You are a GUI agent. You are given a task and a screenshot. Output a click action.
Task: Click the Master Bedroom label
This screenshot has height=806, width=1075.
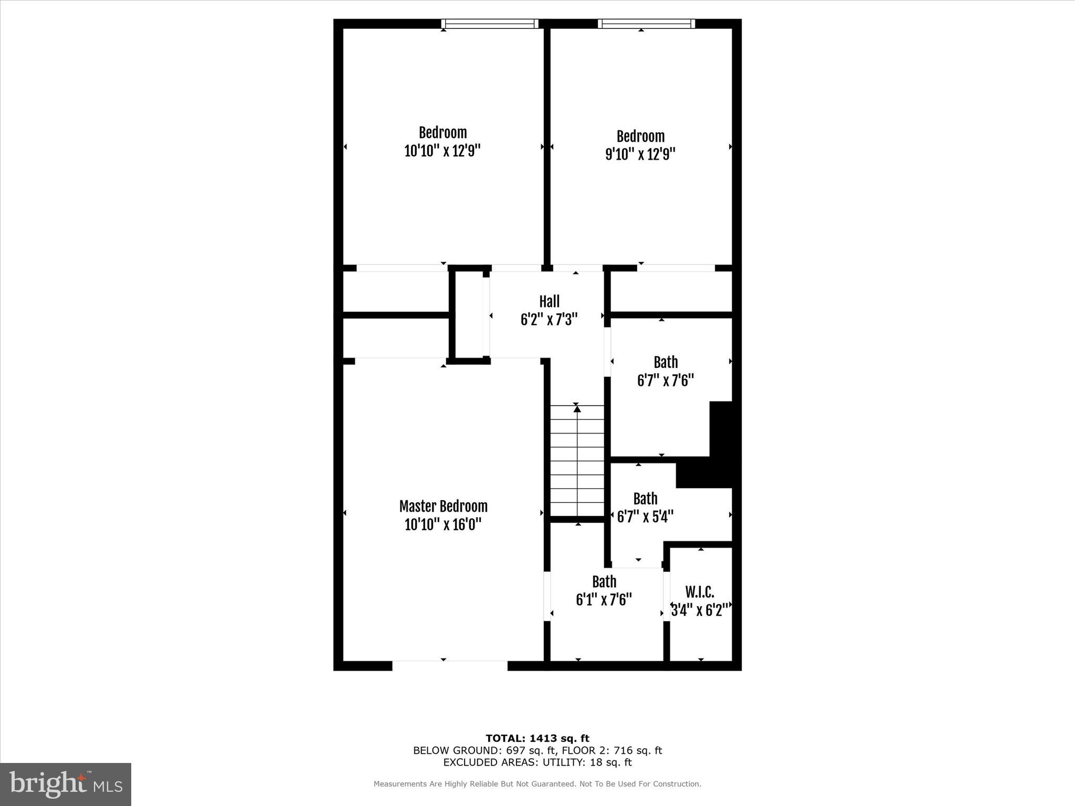pos(443,506)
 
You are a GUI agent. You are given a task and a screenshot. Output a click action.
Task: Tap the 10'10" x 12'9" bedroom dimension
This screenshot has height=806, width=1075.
pos(442,151)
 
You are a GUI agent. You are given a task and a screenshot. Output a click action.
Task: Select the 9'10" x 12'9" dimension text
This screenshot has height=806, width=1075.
pos(640,154)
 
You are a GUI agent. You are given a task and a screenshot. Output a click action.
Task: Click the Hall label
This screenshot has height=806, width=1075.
pos(549,302)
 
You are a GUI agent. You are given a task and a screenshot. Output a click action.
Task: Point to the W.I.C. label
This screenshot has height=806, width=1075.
pos(700,592)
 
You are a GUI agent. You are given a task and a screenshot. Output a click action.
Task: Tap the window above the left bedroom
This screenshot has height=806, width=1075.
pos(489,24)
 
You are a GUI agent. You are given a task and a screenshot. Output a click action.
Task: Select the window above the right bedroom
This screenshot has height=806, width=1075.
pos(646,24)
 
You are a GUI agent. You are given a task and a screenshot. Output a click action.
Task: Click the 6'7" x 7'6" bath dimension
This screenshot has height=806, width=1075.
pos(665,380)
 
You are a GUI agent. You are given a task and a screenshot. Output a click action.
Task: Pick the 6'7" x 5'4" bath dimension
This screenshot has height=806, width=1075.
pos(645,517)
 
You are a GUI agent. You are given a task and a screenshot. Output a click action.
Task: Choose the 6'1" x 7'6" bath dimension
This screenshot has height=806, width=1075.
pos(604,599)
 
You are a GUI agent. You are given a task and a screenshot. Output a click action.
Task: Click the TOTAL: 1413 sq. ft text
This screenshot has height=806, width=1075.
pos(537,738)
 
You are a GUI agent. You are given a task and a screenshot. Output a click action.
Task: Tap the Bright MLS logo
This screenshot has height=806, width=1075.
pos(66,784)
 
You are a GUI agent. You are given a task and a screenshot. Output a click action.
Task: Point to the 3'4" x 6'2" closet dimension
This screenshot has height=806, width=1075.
pos(700,610)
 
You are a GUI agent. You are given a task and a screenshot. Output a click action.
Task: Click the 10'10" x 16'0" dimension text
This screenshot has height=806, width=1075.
pos(442,524)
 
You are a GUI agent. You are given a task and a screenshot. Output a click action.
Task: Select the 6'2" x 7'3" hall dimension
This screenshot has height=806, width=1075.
pos(549,320)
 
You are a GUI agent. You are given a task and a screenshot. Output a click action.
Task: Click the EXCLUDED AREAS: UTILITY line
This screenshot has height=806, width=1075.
pos(537,762)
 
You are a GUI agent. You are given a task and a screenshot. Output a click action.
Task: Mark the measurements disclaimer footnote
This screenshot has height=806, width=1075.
pos(537,784)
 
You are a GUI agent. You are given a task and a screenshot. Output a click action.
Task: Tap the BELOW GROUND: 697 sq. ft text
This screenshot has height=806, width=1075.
pos(479,750)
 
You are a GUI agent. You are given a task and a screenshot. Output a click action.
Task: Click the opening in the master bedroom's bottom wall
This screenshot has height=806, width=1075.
pos(450,665)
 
